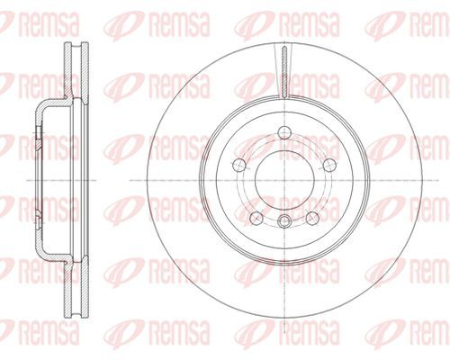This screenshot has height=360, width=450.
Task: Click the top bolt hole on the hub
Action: click(284, 132)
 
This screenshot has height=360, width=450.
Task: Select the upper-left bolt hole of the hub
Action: click(239, 165)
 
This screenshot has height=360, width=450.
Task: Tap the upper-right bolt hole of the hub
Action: click(329, 165)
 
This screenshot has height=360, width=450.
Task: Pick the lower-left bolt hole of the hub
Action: click(256, 218)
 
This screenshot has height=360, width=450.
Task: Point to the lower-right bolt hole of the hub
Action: click(312, 218)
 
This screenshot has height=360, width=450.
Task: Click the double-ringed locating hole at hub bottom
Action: click(284, 221)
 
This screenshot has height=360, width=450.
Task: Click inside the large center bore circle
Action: click(284, 180)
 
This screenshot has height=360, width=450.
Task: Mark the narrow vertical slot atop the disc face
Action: click(284, 72)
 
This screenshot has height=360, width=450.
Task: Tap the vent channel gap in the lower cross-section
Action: click(76, 290)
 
